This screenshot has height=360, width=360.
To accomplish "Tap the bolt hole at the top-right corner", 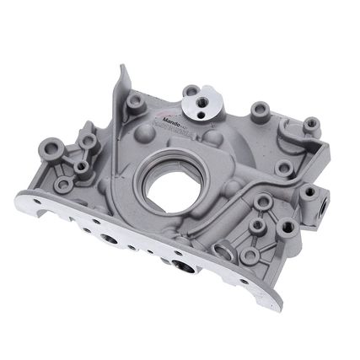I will coord(311,123).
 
